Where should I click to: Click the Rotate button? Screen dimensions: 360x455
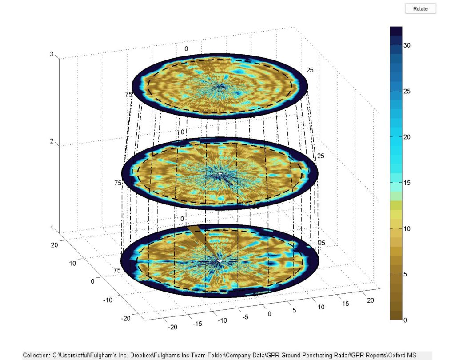click(x=420, y=8)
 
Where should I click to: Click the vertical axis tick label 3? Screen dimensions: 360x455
click(x=52, y=55)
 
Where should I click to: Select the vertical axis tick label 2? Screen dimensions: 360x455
click(x=52, y=142)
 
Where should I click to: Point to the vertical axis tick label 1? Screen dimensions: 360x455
click(x=52, y=229)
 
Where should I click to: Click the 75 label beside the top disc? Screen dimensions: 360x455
click(x=128, y=94)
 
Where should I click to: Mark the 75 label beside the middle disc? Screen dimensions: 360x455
click(x=118, y=183)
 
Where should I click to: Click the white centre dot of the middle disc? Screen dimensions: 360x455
click(x=220, y=172)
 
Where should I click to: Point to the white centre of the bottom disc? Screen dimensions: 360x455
click(x=220, y=260)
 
